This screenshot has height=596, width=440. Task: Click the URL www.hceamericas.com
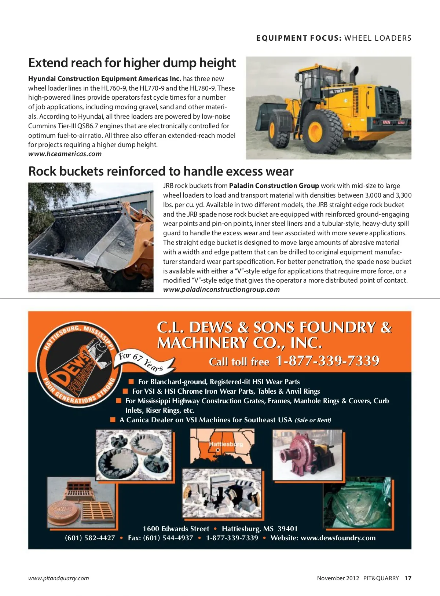click(65, 154)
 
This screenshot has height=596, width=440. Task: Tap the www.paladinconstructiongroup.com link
click(221, 290)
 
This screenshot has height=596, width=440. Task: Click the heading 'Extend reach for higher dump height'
click(132, 63)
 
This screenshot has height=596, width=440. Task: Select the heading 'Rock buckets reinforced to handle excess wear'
click(161, 172)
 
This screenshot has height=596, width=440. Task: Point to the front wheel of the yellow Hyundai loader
click(319, 128)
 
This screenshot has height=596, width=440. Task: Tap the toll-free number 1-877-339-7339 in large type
click(327, 361)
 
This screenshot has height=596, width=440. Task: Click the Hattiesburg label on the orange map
click(225, 444)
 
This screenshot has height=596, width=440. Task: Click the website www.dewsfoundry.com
click(338, 538)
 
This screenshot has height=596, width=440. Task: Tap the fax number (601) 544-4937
click(161, 538)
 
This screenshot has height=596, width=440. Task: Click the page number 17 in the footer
click(408, 578)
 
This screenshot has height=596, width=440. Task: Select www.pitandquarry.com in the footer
click(59, 578)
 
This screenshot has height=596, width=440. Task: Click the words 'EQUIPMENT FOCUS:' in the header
click(299, 38)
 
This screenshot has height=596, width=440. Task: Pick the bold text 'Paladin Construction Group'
click(274, 186)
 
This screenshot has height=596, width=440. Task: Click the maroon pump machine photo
click(307, 455)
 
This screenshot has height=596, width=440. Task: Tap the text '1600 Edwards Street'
click(176, 529)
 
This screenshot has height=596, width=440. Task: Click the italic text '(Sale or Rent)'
click(313, 420)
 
